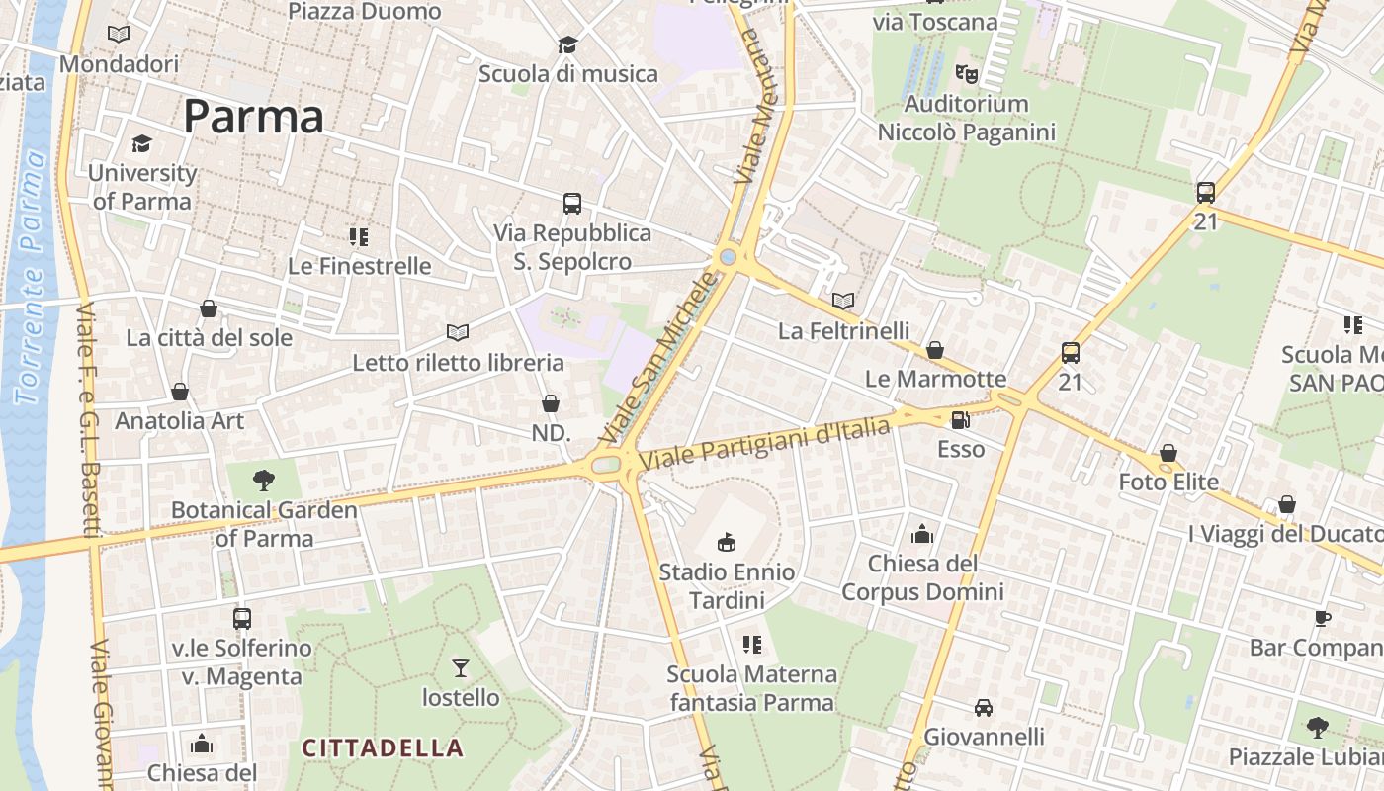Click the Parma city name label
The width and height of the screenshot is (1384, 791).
point(253,117)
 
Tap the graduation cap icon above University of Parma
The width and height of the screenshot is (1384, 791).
point(142,144)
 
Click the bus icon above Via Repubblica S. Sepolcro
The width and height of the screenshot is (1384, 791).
point(572,204)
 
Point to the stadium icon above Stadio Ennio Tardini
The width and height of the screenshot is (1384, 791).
point(727,542)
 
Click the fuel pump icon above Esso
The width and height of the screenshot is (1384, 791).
point(960,420)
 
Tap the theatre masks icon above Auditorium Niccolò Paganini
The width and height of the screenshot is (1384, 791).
point(966,74)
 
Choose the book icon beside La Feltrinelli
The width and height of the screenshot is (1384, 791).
point(843,301)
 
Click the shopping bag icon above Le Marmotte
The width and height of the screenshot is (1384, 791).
point(935,350)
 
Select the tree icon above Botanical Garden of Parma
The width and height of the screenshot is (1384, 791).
point(264,481)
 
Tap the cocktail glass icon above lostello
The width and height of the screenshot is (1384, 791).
point(461,668)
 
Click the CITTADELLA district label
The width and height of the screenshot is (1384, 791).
point(382,747)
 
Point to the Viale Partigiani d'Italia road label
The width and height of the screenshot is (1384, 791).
point(765,442)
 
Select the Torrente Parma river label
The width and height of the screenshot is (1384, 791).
point(32,277)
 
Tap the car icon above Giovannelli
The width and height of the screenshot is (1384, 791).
point(984,708)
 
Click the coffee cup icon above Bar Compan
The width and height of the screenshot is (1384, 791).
point(1323,619)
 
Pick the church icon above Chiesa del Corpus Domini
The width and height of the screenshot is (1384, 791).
point(922,535)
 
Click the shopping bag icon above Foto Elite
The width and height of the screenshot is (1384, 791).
point(1168,453)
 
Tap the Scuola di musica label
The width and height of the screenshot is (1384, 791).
point(567,73)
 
